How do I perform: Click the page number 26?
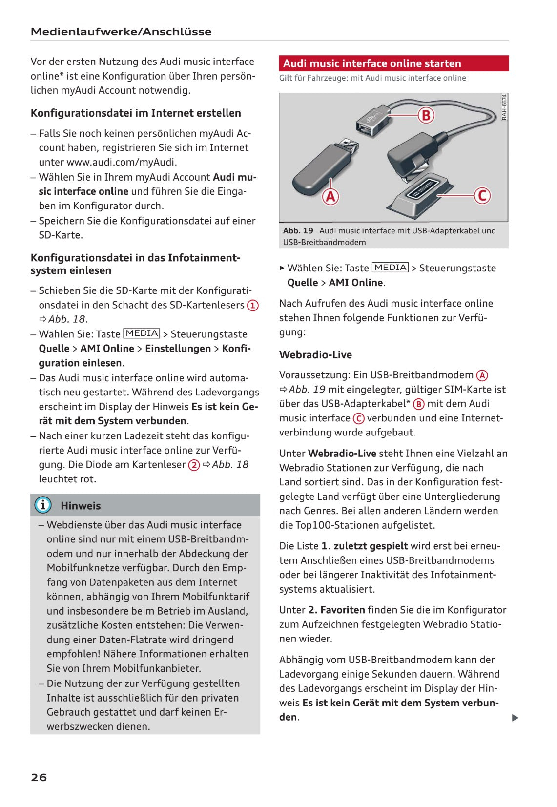pyautogui.click(x=39, y=777)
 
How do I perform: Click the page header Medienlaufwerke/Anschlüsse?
pyautogui.click(x=121, y=32)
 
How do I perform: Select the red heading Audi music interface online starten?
pyautogui.click(x=372, y=63)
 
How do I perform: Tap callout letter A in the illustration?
pyautogui.click(x=330, y=196)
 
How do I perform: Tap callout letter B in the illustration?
pyautogui.click(x=426, y=115)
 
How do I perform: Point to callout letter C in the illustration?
pyautogui.click(x=482, y=195)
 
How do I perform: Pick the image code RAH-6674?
pyautogui.click(x=504, y=107)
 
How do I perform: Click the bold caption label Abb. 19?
pyautogui.click(x=298, y=230)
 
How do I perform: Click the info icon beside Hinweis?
pyautogui.click(x=43, y=505)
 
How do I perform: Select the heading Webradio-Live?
pyautogui.click(x=315, y=355)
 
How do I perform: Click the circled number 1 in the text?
pyautogui.click(x=252, y=306)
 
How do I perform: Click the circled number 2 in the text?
pyautogui.click(x=194, y=465)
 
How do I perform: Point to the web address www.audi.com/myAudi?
pyautogui.click(x=122, y=162)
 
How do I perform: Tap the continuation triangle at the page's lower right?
pyautogui.click(x=515, y=718)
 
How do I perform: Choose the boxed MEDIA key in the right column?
pyautogui.click(x=390, y=268)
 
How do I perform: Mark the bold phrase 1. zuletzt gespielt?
pyautogui.click(x=364, y=546)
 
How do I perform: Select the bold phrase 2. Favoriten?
pyautogui.click(x=336, y=610)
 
